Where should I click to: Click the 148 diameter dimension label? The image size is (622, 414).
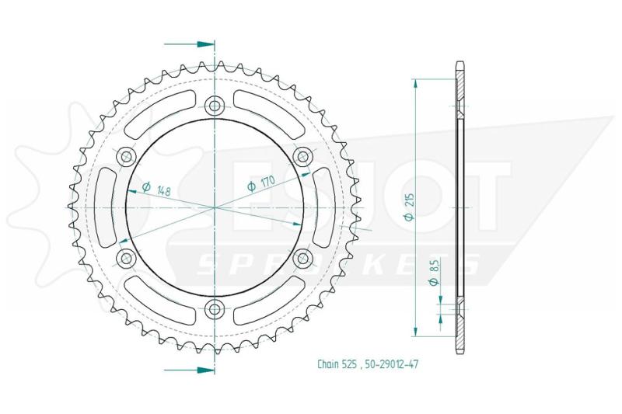pyautogui.click(x=157, y=188)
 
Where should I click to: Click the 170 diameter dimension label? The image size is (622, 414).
pyautogui.click(x=261, y=183)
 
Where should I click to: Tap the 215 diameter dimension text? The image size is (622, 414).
pyautogui.click(x=409, y=207)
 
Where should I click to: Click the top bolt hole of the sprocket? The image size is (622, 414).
pyautogui.click(x=215, y=106)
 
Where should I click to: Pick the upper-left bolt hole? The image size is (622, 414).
pyautogui.click(x=127, y=156)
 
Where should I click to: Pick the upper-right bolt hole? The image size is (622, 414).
pyautogui.click(x=302, y=156)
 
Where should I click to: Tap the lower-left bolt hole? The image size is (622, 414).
pyautogui.click(x=127, y=259)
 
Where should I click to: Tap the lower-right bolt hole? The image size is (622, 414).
pyautogui.click(x=302, y=259)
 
